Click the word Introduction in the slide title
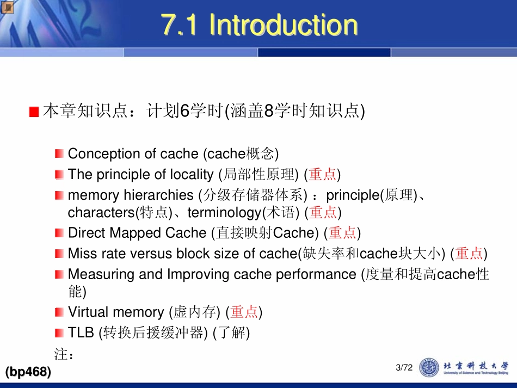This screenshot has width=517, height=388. (x=283, y=25)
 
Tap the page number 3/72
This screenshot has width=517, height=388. (x=404, y=368)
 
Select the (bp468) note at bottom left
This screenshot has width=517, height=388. (x=28, y=372)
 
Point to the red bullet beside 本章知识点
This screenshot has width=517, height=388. (x=34, y=112)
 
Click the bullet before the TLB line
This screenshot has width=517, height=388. (x=59, y=332)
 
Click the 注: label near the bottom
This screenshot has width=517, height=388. (x=64, y=354)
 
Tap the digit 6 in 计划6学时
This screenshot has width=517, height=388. (x=184, y=112)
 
